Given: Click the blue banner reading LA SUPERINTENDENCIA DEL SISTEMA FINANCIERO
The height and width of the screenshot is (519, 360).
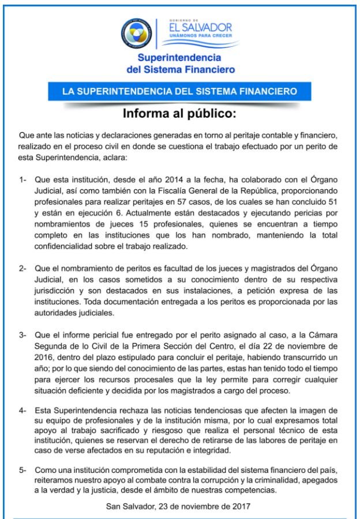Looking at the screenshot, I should [180, 91].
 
